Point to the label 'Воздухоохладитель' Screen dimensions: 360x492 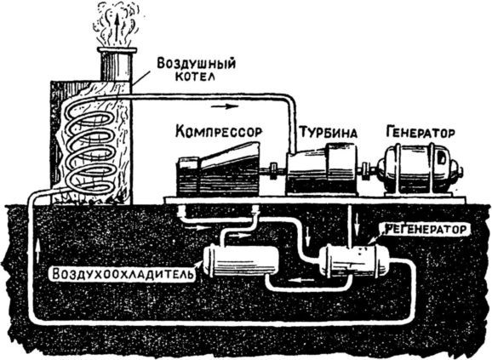[115, 274]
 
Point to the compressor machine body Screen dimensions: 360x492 [217, 170]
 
